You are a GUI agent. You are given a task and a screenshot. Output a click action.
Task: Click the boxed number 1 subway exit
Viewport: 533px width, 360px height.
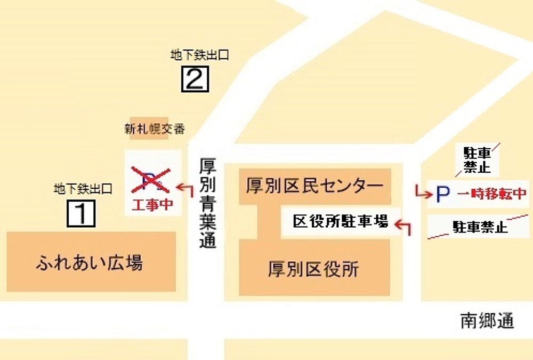click(81, 213)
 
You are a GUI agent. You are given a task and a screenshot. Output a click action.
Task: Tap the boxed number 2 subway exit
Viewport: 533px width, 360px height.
click(195, 79)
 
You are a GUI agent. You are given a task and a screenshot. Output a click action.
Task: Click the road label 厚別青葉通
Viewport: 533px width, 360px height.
click(208, 203)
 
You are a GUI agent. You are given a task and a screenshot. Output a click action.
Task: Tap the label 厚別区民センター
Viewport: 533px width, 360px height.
click(314, 186)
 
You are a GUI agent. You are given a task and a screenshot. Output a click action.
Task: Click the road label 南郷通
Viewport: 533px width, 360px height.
click(487, 321)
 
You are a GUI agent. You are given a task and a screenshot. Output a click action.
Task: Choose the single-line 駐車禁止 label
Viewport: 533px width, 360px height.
click(480, 228)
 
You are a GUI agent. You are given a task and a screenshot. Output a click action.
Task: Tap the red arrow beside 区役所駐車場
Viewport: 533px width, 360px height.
click(405, 227)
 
